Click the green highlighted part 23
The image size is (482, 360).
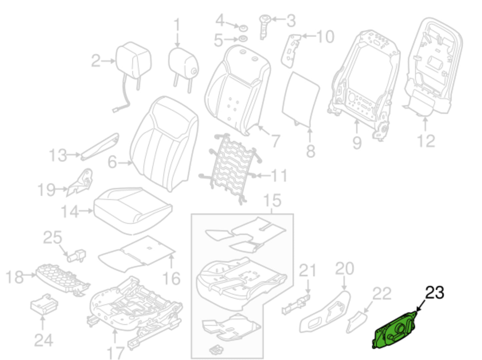point(395,331)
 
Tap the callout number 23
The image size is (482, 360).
point(434,293)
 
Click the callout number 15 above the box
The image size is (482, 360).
point(272,200)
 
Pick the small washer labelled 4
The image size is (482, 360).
point(243,27)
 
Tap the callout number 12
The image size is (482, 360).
point(426,141)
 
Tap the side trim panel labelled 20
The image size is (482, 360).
point(325,312)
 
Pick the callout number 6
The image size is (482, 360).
point(112,162)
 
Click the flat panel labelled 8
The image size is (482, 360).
point(300,98)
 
